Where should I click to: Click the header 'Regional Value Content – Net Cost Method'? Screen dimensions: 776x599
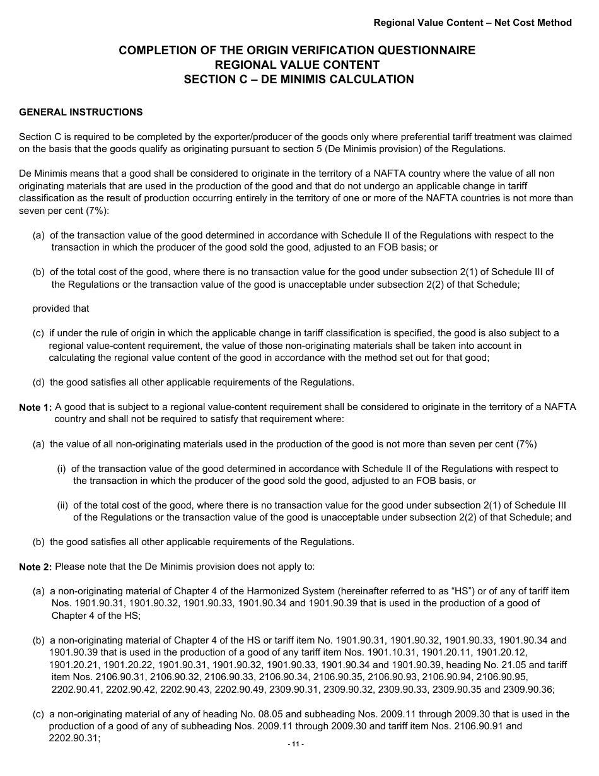[472, 23]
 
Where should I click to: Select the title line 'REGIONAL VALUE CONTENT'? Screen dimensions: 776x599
[297, 65]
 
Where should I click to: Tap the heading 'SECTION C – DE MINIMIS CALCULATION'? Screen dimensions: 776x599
[298, 79]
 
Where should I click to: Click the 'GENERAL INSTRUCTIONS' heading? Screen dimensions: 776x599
[81, 112]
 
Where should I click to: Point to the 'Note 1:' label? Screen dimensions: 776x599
[35, 408]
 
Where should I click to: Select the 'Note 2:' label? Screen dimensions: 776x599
[35, 567]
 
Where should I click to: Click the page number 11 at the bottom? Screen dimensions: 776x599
[296, 744]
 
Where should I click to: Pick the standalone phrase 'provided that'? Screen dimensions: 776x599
[61, 309]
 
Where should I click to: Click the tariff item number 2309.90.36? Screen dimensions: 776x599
[532, 690]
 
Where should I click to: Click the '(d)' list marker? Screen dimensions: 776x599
[40, 382]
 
